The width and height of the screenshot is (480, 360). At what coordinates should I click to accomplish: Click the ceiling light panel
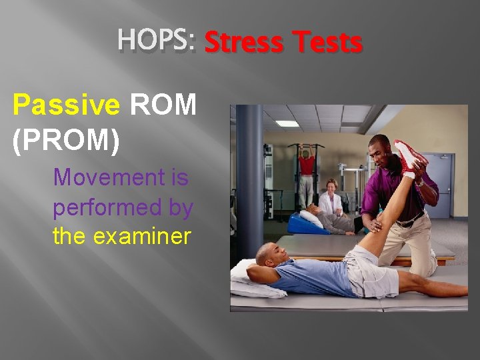[x=288, y=123]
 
